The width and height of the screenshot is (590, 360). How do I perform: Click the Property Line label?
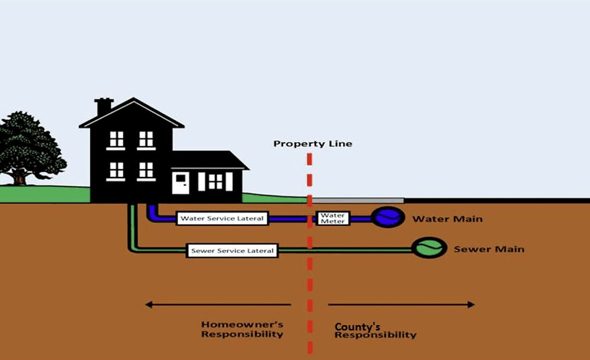click(x=312, y=144)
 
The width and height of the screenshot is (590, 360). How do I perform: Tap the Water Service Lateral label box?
click(x=222, y=218)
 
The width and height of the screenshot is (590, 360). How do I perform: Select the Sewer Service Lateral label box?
click(x=232, y=250)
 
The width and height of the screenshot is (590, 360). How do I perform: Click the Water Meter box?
click(x=332, y=218)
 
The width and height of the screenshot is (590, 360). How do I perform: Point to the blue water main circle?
click(x=387, y=217)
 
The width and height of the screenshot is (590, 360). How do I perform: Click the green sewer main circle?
click(x=428, y=247)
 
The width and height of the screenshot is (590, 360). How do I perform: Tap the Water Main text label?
click(x=447, y=219)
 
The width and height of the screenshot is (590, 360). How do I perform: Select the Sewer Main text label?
click(x=489, y=249)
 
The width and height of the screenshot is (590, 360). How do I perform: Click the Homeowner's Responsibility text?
click(x=242, y=329)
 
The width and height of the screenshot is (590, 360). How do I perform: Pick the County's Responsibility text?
click(x=375, y=331)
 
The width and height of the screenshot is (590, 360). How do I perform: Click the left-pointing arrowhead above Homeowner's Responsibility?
click(x=148, y=305)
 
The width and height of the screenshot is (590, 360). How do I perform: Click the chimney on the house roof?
click(x=104, y=106)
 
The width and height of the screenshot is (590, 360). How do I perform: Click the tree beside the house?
click(x=27, y=147)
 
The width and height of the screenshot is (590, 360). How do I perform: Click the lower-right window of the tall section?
click(x=146, y=170)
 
